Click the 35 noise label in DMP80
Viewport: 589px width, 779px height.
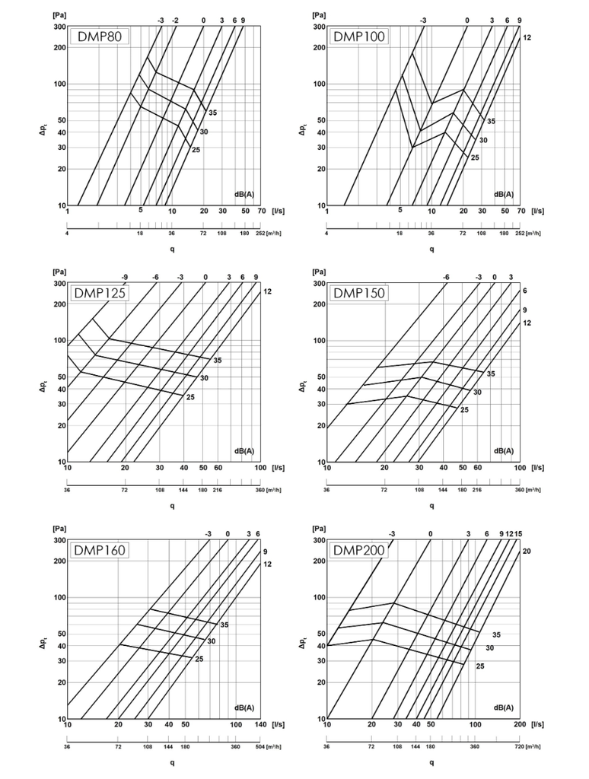coord(212,113)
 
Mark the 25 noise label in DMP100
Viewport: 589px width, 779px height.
coord(475,157)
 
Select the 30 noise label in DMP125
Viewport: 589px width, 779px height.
coord(204,378)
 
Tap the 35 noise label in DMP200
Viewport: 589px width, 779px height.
coord(497,634)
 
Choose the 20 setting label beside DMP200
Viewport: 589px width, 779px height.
coord(526,550)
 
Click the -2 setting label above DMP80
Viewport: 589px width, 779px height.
coord(175,20)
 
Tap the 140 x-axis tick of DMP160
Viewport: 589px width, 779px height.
coord(259,725)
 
